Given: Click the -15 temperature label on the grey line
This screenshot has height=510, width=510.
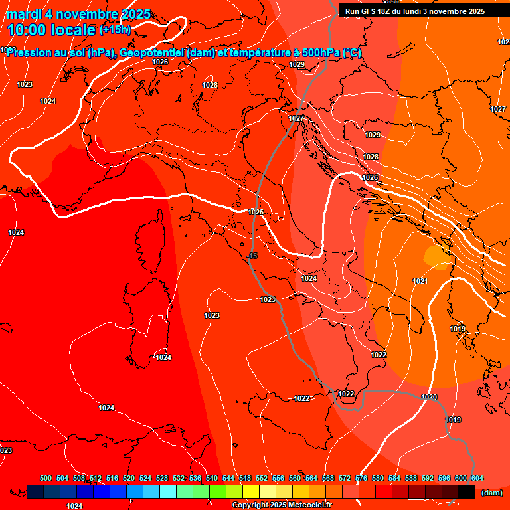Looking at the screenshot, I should click(x=252, y=256).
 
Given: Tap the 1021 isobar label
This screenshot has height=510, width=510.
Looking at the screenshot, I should click(x=420, y=282).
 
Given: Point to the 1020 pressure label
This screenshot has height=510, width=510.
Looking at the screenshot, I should click(x=429, y=398).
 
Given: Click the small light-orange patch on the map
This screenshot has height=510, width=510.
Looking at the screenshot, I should click(x=436, y=256).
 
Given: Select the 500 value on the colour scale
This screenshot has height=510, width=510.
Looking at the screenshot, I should click(x=46, y=478).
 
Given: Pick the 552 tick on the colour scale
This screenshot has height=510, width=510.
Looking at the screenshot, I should click(x=262, y=478).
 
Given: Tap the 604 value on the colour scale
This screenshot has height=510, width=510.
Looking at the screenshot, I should click(x=477, y=478).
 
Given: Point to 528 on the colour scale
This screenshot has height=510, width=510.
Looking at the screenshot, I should click(x=162, y=478).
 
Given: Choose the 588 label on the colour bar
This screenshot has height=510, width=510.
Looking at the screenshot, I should click(x=411, y=478).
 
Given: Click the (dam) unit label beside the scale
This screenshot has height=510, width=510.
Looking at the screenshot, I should click(x=491, y=493).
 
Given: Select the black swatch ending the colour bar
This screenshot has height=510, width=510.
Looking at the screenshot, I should click(x=467, y=492).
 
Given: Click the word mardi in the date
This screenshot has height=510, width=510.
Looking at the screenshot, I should click(x=26, y=14).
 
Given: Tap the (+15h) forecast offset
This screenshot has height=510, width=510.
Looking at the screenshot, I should click(x=115, y=30).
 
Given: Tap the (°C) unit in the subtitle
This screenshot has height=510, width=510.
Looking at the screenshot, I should click(x=353, y=53).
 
